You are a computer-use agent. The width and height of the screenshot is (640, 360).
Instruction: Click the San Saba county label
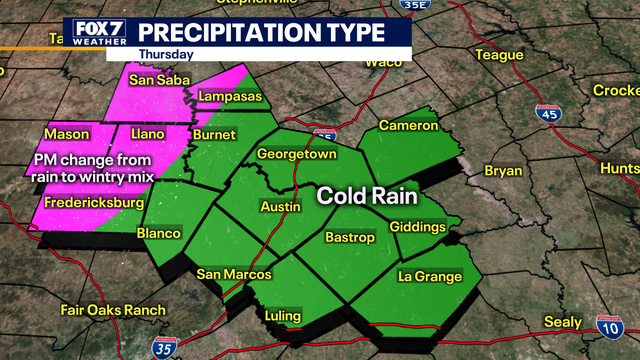point(153,78)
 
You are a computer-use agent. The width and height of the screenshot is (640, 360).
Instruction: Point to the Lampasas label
point(228,96)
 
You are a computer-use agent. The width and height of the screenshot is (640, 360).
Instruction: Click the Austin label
point(280,206)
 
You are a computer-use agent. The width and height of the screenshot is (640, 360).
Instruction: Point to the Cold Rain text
point(367,196)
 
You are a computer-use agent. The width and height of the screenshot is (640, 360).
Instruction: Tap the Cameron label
point(408,126)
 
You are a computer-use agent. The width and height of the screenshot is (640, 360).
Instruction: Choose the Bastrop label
point(349,237)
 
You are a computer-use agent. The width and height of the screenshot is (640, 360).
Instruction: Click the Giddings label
point(417,227)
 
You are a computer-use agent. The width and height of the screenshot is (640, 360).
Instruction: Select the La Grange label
point(430,276)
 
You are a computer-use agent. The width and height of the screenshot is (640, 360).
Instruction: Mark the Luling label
point(282,316)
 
